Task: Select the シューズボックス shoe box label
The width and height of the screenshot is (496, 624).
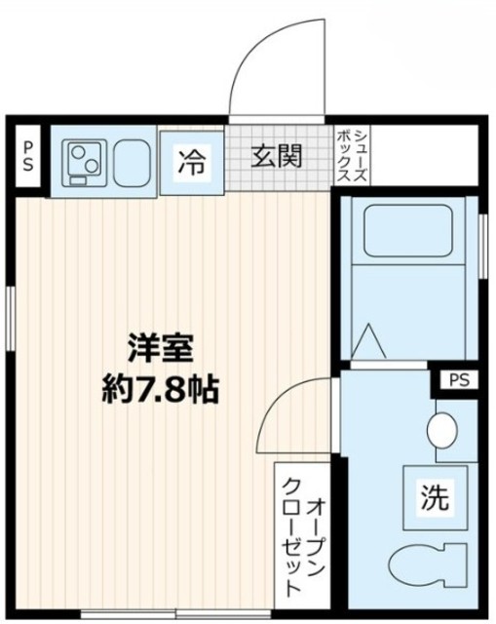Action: [350, 156]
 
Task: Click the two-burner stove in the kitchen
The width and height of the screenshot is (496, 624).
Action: [84, 160]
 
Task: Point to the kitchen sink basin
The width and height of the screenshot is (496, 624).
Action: [131, 160]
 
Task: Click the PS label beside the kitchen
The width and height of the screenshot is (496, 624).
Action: [28, 156]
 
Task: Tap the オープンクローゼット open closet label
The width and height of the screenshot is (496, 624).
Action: [302, 534]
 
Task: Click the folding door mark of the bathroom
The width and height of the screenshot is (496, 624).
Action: [367, 341]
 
